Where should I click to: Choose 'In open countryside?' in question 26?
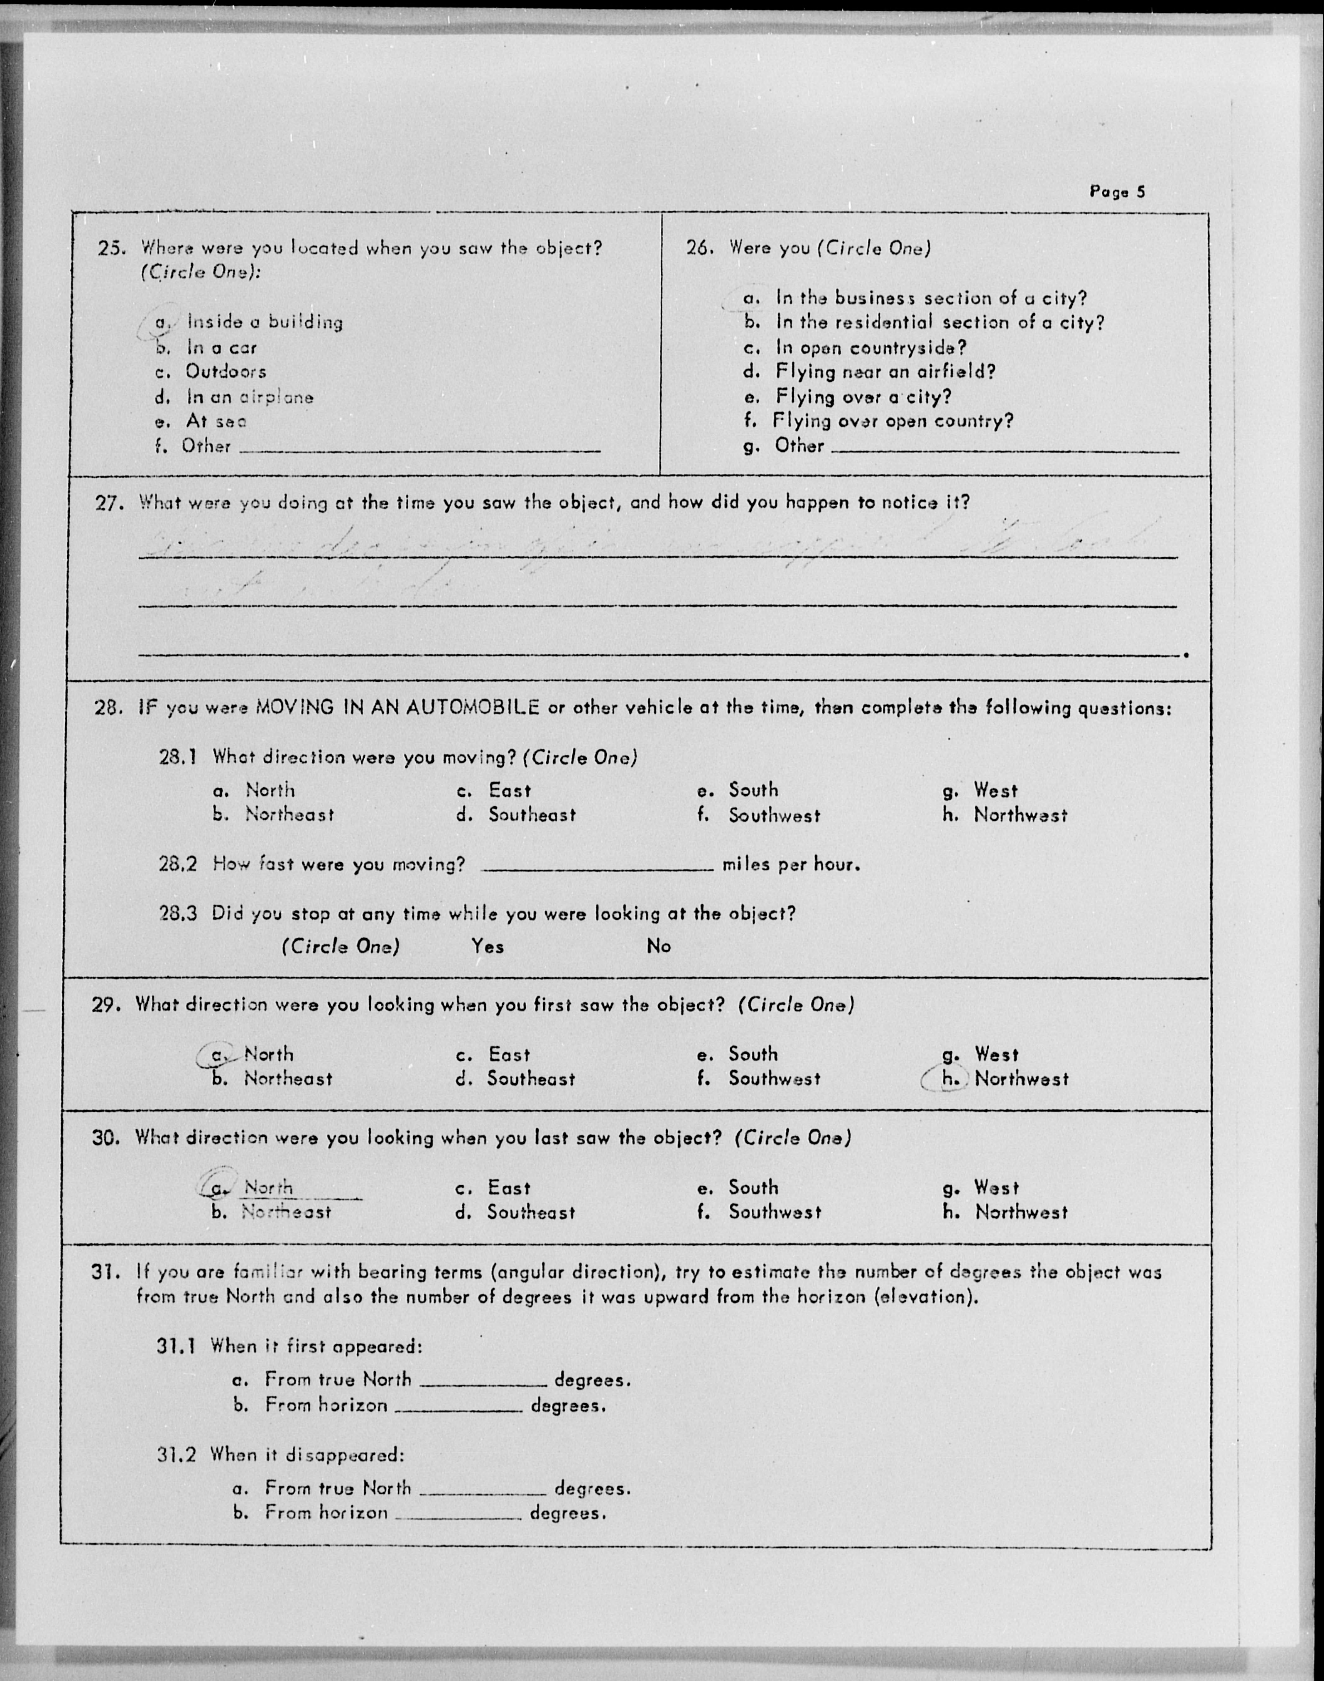coord(870,347)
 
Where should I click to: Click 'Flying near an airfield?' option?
coord(885,372)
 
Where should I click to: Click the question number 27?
coord(108,503)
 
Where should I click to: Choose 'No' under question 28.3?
coord(659,946)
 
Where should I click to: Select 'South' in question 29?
coord(752,1055)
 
